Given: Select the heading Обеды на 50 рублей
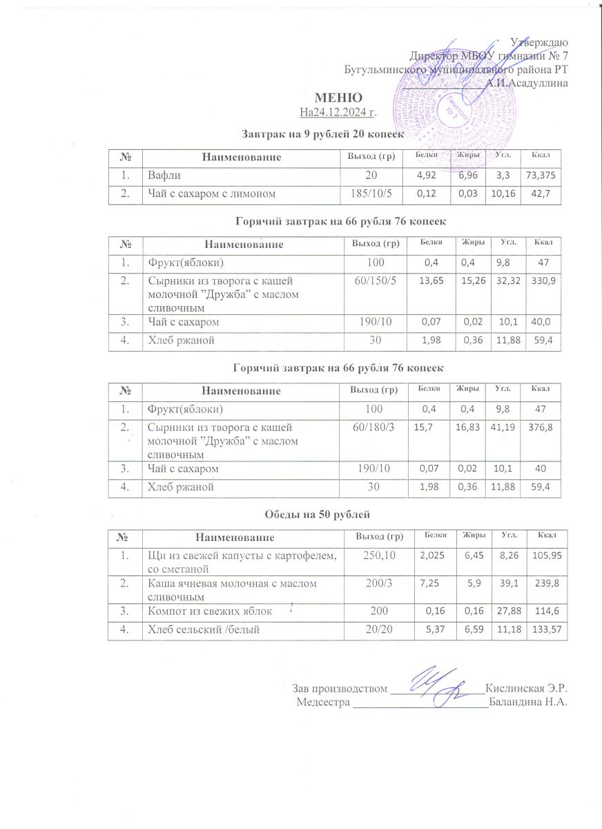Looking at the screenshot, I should tap(318, 514).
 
